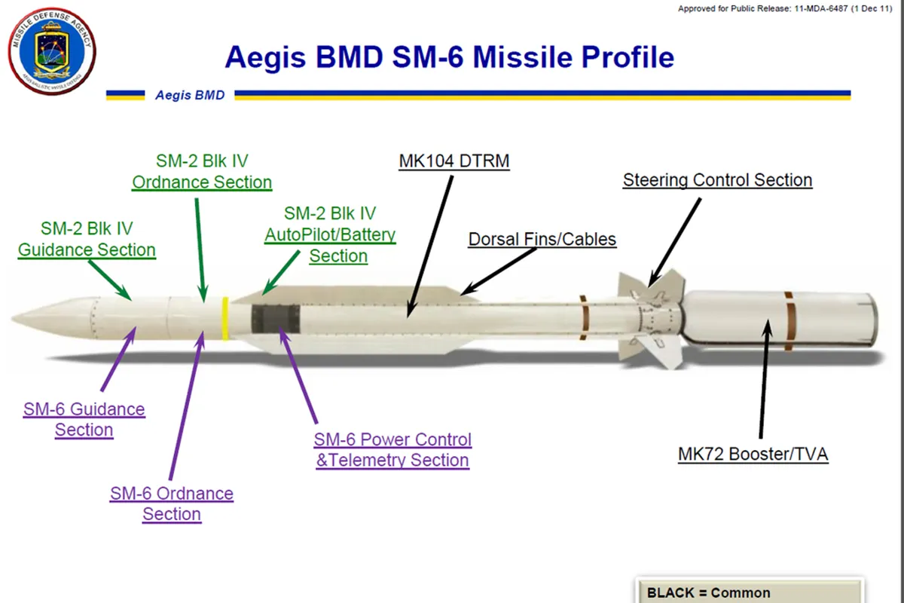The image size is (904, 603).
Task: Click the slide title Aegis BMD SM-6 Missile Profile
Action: click(449, 57)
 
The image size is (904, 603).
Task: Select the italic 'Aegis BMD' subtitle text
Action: click(189, 96)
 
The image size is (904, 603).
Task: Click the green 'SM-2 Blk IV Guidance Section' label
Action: click(87, 239)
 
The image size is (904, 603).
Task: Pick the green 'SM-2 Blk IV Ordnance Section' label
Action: click(202, 172)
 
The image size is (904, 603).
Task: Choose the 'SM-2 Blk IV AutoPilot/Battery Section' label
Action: click(330, 234)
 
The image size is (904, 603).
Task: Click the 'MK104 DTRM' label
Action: click(454, 161)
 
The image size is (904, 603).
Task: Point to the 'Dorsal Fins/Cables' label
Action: click(542, 240)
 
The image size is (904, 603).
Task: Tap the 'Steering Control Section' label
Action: click(717, 180)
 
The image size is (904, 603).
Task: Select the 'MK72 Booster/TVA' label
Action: click(753, 454)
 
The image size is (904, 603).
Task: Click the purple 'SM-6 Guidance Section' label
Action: click(84, 420)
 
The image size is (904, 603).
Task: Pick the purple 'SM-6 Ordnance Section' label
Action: click(172, 504)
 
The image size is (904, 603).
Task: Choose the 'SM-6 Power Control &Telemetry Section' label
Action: click(392, 449)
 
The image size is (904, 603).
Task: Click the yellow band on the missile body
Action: click(224, 318)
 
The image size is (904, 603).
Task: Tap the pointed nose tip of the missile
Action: click(15, 317)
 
